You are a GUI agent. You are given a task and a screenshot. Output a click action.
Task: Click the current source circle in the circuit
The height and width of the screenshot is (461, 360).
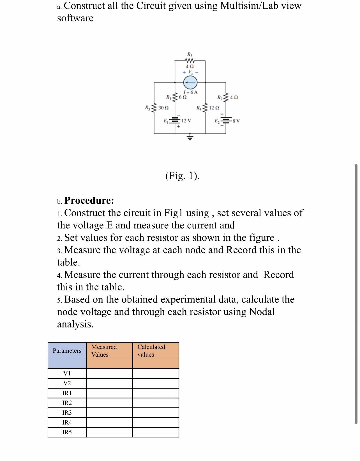[190, 83]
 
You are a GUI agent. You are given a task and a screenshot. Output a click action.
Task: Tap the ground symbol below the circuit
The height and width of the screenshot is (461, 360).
[190, 137]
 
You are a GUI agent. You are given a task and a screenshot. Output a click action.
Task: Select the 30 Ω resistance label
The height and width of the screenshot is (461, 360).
[163, 108]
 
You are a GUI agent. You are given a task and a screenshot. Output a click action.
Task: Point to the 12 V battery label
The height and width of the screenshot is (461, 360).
[186, 121]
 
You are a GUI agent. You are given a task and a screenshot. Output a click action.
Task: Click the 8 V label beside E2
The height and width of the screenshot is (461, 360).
[236, 121]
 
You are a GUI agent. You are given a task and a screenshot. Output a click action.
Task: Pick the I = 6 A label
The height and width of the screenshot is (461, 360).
[190, 92]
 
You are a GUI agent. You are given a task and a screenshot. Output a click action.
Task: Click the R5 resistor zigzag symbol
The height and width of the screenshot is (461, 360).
[190, 60]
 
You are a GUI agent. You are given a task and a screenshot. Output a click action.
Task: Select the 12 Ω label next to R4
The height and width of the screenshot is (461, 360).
[214, 108]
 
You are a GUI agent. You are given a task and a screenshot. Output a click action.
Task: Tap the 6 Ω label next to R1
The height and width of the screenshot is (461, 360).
[183, 97]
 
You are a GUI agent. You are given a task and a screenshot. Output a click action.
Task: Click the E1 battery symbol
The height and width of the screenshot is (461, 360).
[175, 120]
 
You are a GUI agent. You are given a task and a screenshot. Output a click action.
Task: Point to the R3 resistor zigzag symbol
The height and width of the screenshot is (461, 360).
[154, 108]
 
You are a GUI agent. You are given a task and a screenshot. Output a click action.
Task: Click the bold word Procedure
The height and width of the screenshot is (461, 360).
[89, 201]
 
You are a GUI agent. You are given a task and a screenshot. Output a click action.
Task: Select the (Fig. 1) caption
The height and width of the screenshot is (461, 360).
[182, 176]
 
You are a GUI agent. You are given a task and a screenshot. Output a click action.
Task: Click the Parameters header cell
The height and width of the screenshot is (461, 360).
[67, 351]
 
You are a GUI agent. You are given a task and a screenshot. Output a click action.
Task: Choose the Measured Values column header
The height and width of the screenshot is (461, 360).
[104, 351]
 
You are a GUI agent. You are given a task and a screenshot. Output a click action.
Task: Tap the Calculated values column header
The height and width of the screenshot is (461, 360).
[151, 351]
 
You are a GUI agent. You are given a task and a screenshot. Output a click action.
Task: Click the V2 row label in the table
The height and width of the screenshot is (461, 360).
[67, 383]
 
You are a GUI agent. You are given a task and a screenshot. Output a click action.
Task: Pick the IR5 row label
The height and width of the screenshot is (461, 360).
[67, 432]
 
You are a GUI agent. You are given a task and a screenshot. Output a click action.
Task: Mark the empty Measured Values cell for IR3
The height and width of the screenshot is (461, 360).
[109, 413]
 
